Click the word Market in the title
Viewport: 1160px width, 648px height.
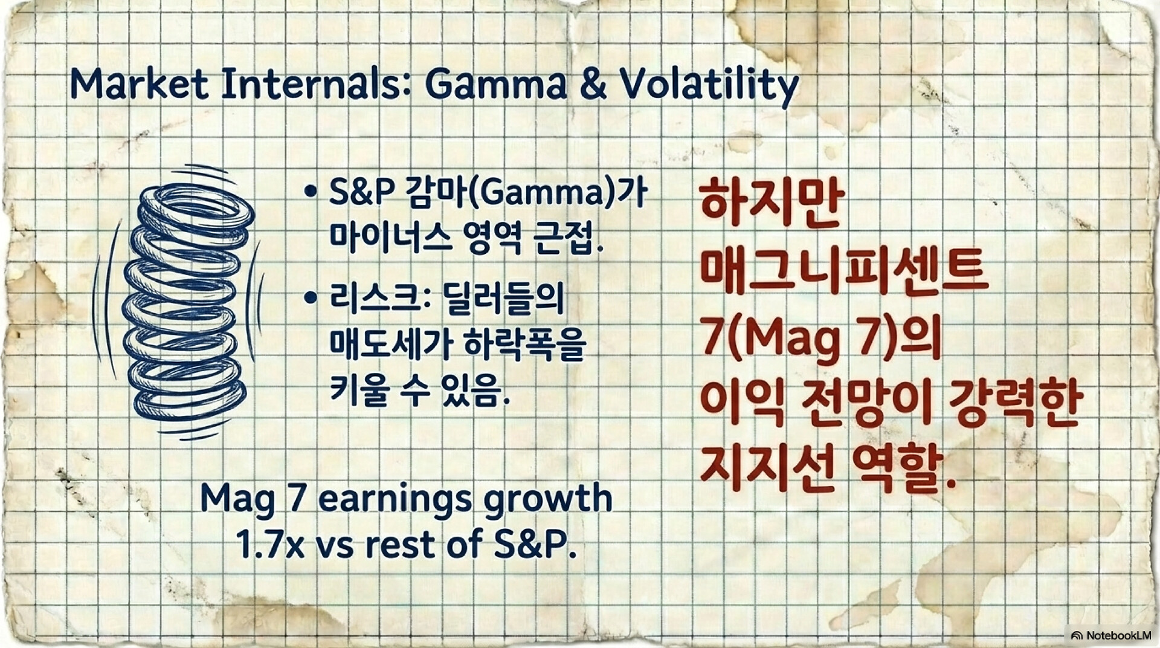coord(140,83)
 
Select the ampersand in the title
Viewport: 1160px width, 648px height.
coord(594,84)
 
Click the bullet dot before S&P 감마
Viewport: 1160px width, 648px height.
coord(311,192)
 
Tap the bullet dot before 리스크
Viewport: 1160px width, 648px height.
coord(311,297)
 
